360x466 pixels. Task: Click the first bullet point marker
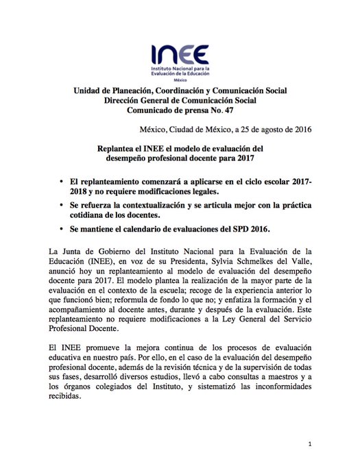(62, 182)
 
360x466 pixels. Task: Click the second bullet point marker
(62, 206)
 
